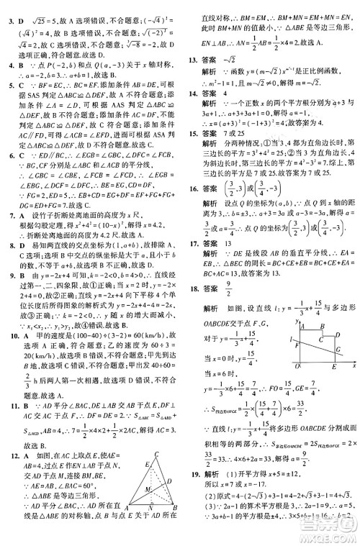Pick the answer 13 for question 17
coord(231,265)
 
